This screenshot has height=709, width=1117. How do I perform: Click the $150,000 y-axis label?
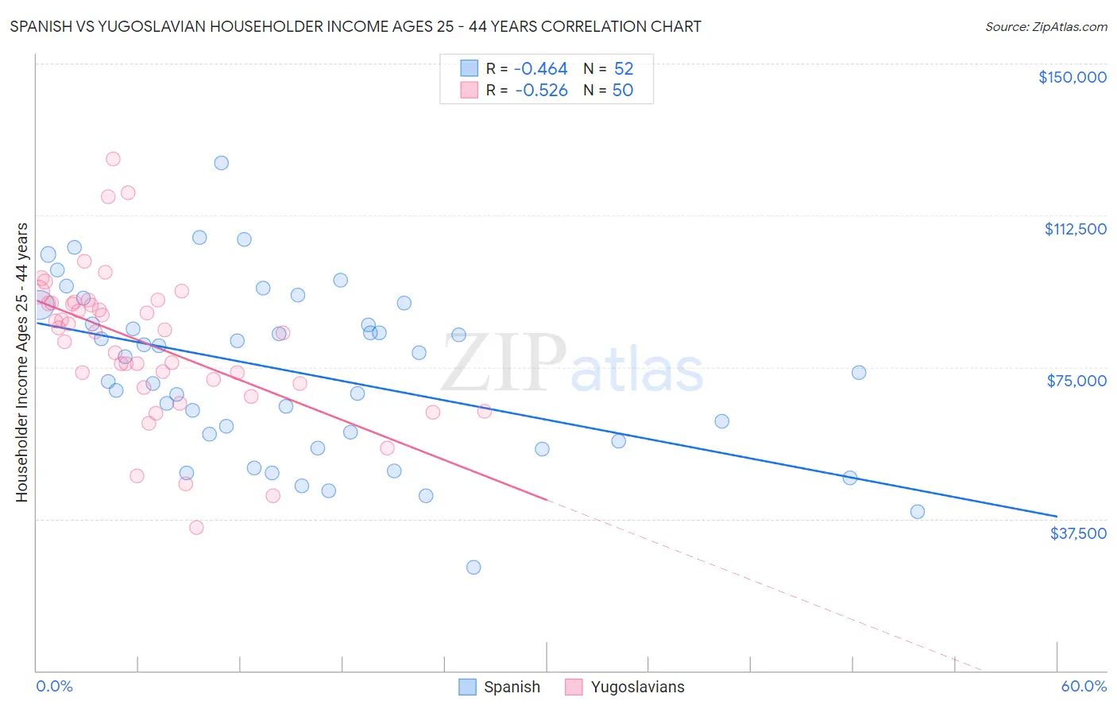[1072, 77]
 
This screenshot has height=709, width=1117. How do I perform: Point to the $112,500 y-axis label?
[1075, 229]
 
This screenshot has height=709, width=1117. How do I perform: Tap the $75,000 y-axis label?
[1076, 381]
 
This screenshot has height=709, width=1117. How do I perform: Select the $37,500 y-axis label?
[1078, 533]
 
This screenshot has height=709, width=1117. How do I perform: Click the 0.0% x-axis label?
[54, 686]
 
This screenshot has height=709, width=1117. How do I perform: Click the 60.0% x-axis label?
[1083, 686]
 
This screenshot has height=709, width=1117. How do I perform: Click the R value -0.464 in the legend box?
[540, 68]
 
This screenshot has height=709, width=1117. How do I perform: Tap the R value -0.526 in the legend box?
[541, 90]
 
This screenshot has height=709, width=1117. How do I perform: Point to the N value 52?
[623, 68]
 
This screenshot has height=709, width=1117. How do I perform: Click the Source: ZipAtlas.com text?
[1045, 26]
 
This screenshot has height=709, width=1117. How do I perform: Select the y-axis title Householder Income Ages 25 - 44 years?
[21, 362]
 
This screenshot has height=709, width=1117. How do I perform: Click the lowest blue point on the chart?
[473, 567]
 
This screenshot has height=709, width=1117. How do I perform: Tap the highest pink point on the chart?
[113, 159]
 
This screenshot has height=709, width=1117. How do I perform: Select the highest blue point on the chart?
[222, 163]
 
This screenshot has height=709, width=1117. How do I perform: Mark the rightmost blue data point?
[918, 512]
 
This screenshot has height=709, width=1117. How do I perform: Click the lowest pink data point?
[196, 528]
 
